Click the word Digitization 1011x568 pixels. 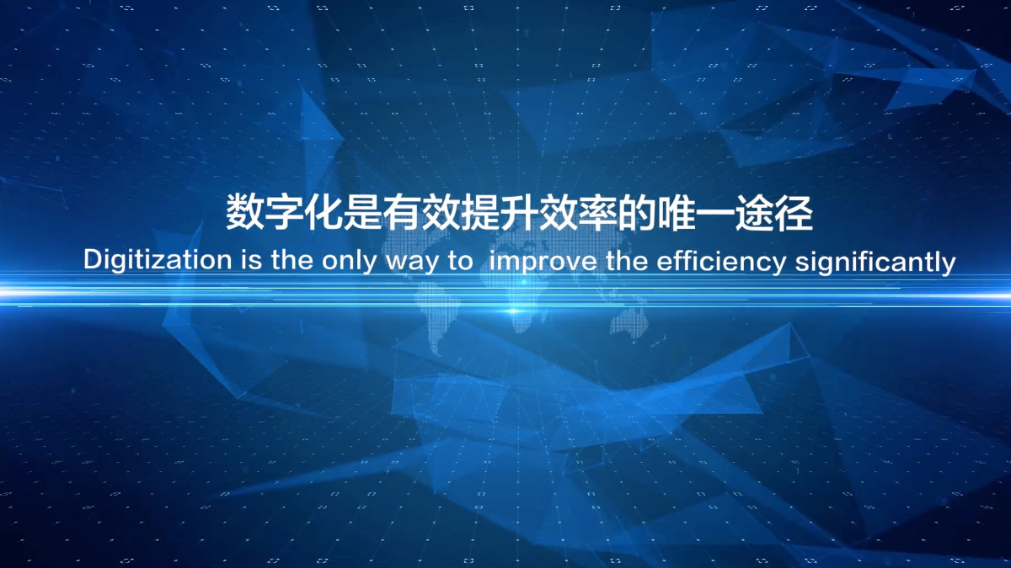(157, 261)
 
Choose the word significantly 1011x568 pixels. (875, 263)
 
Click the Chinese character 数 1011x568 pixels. (244, 212)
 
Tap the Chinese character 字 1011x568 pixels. (283, 212)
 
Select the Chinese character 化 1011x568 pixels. (322, 212)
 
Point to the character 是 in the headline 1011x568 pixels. (361, 212)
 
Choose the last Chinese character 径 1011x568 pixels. (794, 212)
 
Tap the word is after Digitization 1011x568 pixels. (251, 261)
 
